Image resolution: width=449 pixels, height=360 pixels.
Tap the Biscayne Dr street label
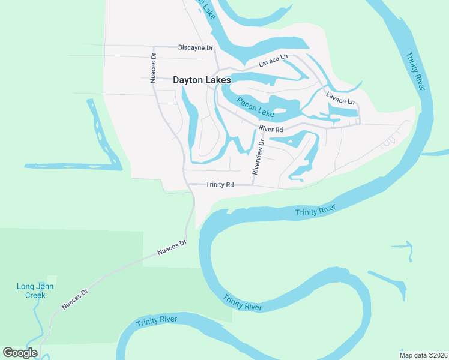tap(196, 47)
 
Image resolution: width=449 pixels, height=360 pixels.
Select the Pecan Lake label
tap(255, 107)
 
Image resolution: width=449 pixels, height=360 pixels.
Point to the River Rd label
tap(271, 129)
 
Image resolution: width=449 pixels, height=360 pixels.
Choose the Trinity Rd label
tap(219, 185)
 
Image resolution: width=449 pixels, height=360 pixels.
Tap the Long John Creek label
tap(35, 290)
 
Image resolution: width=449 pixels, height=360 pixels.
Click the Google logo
tap(20, 352)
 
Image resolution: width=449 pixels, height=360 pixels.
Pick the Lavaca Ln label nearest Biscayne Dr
tap(274, 61)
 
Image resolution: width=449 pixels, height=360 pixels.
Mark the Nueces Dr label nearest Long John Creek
tap(75, 299)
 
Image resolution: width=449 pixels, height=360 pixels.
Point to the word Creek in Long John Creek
tap(35, 295)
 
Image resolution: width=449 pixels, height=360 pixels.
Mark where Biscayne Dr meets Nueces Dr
tap(154, 47)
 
